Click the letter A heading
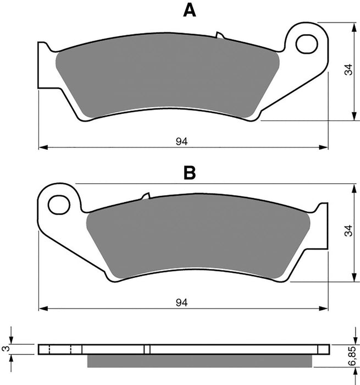[189, 10]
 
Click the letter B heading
[189, 173]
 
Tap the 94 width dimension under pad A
[182, 141]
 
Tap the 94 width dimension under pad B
[182, 302]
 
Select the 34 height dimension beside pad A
[347, 70]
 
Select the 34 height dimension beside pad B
[347, 233]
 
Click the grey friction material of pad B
[198, 234]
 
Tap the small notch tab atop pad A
[220, 36]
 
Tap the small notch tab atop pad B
[146, 196]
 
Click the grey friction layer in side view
[201, 360]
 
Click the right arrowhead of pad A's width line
[324, 147]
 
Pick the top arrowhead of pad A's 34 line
[352, 27]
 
